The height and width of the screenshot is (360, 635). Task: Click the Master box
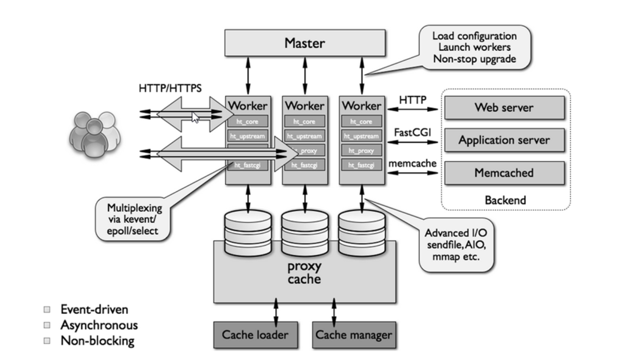[x=305, y=43]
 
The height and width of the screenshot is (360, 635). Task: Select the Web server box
[x=504, y=108]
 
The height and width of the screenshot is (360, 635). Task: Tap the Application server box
[x=504, y=140]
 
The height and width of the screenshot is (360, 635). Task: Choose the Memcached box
[x=504, y=173]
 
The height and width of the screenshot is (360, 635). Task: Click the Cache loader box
[x=255, y=335]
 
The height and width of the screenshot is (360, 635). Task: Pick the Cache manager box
[x=354, y=335]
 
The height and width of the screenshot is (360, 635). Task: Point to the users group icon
[x=94, y=135]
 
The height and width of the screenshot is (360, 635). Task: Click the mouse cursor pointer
[x=195, y=117]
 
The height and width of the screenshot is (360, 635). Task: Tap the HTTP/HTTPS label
[x=170, y=88]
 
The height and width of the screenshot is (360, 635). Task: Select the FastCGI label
[x=412, y=133]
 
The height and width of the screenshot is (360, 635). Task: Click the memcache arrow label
[x=412, y=163]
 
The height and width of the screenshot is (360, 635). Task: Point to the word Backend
[x=505, y=200]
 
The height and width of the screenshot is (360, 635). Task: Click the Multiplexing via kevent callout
[x=133, y=219]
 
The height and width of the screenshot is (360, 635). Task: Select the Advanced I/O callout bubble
[x=456, y=245]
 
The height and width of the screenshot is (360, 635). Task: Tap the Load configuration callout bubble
[x=475, y=47]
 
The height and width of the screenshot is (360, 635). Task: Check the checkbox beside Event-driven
[x=47, y=310]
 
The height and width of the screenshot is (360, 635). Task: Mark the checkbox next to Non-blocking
[x=47, y=341]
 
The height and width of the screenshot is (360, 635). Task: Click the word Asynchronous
[x=99, y=325]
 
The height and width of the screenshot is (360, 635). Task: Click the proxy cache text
[x=304, y=273]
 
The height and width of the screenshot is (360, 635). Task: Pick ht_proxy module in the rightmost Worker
[x=361, y=150]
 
